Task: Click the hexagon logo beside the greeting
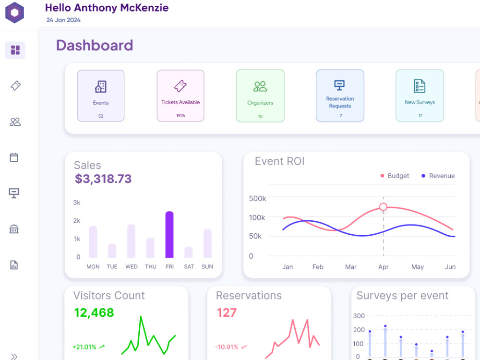point(15,12)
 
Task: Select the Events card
point(101,96)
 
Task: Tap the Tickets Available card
point(180,96)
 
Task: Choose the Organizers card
point(260,96)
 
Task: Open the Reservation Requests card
point(340,96)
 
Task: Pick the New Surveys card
point(420,96)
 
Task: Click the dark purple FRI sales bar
point(169,235)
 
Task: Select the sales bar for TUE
point(112,251)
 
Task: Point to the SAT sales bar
point(189,252)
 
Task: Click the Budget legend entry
point(395,176)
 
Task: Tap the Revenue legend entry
point(438,176)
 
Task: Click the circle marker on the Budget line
point(383,207)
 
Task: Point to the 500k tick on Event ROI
point(257,199)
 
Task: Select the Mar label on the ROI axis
point(351,267)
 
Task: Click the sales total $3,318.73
point(103,179)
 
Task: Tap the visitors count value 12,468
point(94,312)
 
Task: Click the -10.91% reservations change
point(227,347)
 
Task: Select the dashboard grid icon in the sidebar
point(15,50)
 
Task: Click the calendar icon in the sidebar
point(14,157)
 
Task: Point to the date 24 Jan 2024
point(63,20)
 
